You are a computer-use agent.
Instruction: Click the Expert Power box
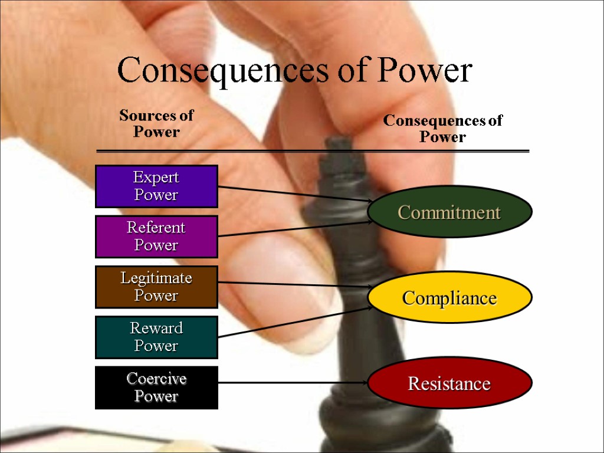click(x=156, y=186)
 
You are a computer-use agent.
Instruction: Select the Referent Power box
click(x=156, y=237)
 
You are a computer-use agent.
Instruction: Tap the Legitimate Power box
click(x=156, y=287)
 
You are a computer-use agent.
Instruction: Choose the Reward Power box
click(x=156, y=337)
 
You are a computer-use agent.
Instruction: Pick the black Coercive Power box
click(x=156, y=388)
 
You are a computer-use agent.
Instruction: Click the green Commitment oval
click(x=449, y=212)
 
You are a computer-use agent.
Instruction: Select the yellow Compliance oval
click(x=449, y=298)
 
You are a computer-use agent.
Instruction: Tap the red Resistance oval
click(x=449, y=383)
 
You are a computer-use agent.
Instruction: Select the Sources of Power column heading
click(x=156, y=123)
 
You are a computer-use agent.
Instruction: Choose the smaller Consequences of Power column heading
click(x=442, y=129)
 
